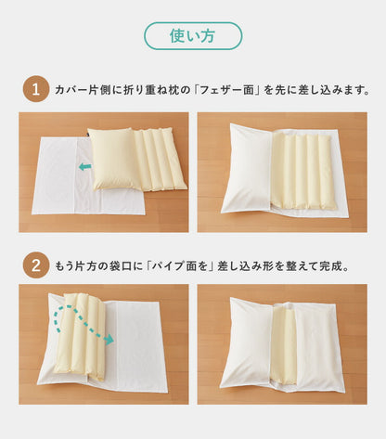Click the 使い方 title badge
tap(192, 36)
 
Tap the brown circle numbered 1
tap(34, 90)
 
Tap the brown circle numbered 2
tap(34, 265)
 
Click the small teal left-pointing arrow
tap(84, 167)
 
